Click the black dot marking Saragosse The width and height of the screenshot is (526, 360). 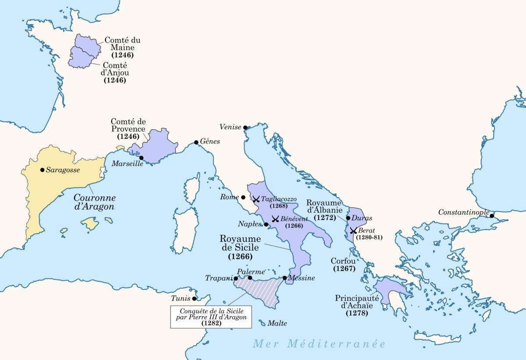point(42,170)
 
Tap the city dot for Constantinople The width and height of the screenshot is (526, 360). point(492,215)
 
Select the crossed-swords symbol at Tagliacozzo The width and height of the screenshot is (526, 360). point(256,199)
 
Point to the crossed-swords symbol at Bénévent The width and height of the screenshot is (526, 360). point(276,219)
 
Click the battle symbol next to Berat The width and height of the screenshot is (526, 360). point(353,230)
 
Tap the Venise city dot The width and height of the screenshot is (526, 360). point(245,127)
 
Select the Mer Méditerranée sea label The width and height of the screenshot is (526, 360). point(319,344)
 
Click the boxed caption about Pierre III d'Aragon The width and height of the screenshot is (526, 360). point(211,317)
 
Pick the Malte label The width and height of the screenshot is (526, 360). point(277,324)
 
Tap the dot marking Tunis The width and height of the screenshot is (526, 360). point(195,299)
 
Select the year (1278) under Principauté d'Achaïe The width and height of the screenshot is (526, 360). point(356,314)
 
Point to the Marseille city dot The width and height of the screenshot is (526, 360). point(141,158)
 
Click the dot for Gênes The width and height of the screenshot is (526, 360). point(196,142)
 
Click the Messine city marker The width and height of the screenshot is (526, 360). point(284,278)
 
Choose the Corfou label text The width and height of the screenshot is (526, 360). point(343,261)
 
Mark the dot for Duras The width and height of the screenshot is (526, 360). point(348,218)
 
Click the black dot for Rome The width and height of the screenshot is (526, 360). point(243,198)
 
